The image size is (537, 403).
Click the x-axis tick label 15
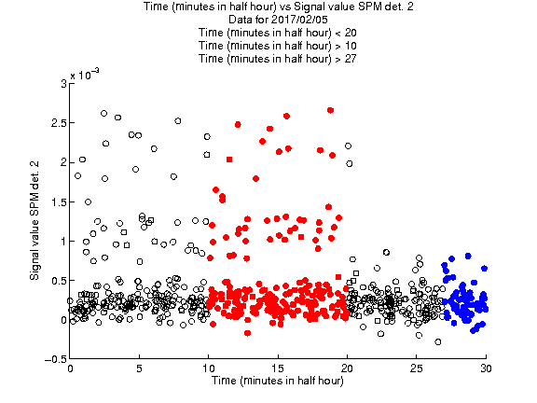(278, 368)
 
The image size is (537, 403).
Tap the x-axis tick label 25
(417, 368)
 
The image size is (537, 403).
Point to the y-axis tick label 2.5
(59, 123)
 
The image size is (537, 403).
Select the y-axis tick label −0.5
(56, 359)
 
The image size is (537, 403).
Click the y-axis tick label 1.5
(59, 202)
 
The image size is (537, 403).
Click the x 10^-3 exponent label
(85, 74)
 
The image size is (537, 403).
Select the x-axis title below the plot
(278, 381)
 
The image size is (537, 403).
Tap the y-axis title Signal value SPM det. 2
(34, 221)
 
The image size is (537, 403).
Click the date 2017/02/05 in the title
(293, 20)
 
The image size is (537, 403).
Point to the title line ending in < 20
(278, 33)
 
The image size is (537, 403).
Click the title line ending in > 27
(278, 59)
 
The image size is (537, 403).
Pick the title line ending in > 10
(278, 46)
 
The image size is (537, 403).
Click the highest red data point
(330, 110)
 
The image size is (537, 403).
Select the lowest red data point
(248, 333)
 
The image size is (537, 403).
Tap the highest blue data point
(468, 256)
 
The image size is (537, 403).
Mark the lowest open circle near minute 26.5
(437, 342)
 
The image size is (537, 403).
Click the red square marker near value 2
(229, 160)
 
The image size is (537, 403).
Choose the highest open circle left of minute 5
(103, 114)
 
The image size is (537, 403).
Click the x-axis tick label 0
(70, 368)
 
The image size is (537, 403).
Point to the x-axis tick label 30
(486, 368)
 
